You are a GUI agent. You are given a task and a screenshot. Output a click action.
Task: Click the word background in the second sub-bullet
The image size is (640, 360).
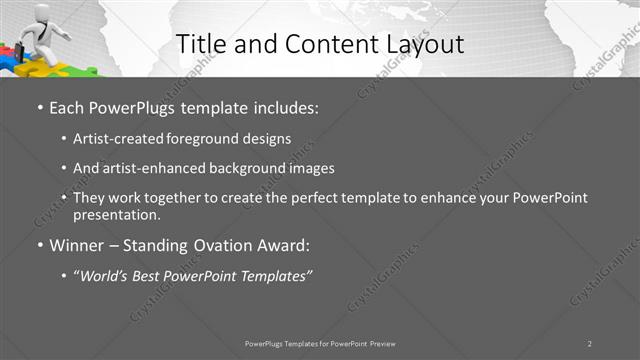tap(253, 168)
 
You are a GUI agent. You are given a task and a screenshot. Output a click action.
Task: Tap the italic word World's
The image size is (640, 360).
tap(106, 275)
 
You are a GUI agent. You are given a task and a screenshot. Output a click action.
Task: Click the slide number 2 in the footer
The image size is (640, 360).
tap(590, 343)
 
